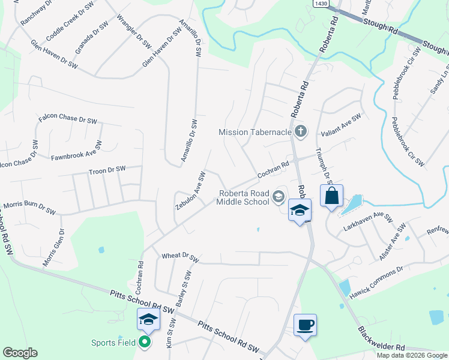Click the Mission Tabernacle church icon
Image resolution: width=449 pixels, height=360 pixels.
301,131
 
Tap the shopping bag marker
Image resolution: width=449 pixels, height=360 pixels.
331,196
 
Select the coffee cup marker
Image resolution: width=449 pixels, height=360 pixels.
305,325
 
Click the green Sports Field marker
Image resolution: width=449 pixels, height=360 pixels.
145,343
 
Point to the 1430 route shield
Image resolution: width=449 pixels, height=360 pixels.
321,4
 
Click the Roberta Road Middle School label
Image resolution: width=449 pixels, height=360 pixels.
244,197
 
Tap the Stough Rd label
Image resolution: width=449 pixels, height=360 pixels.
381,29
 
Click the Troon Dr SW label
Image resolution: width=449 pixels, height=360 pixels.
107,170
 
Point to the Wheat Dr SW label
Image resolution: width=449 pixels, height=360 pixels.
180,257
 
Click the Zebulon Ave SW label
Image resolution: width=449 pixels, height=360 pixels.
191,190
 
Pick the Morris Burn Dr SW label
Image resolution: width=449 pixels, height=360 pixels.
29,208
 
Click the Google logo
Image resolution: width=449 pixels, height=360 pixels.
20,353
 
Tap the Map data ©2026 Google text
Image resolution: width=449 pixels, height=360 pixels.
412,355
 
